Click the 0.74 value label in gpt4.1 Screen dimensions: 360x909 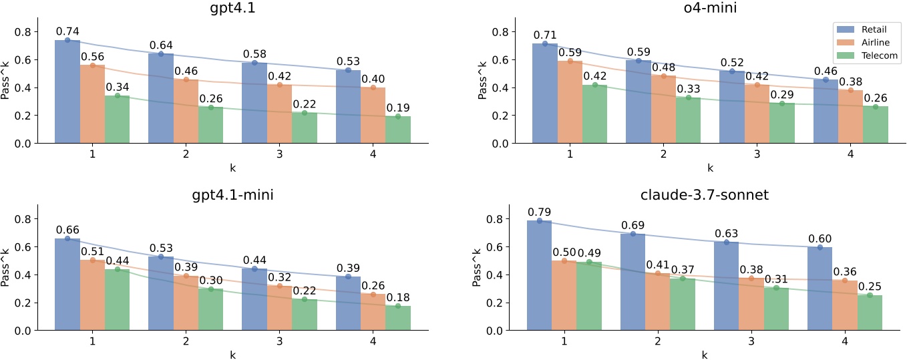[x=67, y=31]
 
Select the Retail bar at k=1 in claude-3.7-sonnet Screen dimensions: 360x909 [x=540, y=275]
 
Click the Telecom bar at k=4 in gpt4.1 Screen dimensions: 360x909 [x=398, y=130]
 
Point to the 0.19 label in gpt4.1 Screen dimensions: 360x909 [x=398, y=108]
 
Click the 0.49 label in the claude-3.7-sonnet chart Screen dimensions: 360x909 [x=590, y=252]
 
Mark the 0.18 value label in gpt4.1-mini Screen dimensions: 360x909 [x=398, y=297]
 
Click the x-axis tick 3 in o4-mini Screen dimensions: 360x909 [x=757, y=154]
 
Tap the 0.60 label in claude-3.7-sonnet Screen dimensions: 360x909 [x=820, y=238]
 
